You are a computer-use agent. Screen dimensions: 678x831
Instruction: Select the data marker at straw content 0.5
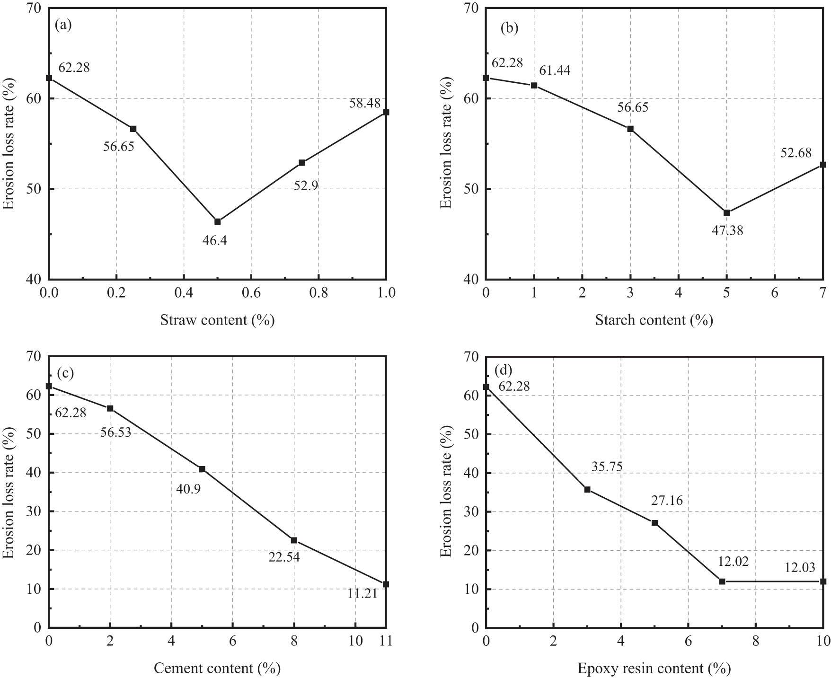pyautogui.click(x=218, y=222)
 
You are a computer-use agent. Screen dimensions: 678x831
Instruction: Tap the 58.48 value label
pyautogui.click(x=365, y=103)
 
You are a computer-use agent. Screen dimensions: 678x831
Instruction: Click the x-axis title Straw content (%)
pyautogui.click(x=218, y=320)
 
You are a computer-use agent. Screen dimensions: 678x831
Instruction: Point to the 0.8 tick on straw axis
pyautogui.click(x=318, y=293)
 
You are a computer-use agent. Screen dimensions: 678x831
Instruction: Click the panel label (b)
pyautogui.click(x=510, y=28)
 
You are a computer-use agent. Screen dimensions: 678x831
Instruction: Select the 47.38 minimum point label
pyautogui.click(x=727, y=230)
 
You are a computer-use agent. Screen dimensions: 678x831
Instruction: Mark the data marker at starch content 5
pyautogui.click(x=726, y=213)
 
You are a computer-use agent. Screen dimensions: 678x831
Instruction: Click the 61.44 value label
pyautogui.click(x=555, y=70)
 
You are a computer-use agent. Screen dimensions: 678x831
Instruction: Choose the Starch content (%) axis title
pyautogui.click(x=654, y=320)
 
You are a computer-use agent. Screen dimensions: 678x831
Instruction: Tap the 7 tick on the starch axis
pyautogui.click(x=823, y=293)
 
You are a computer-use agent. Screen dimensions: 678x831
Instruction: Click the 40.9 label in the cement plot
pyautogui.click(x=188, y=489)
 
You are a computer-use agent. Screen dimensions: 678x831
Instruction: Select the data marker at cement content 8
pyautogui.click(x=294, y=540)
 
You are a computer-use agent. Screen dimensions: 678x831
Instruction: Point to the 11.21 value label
pyautogui.click(x=362, y=593)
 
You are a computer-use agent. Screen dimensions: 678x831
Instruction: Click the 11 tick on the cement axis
pyautogui.click(x=387, y=641)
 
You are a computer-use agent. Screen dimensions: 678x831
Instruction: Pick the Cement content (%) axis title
pyautogui.click(x=217, y=669)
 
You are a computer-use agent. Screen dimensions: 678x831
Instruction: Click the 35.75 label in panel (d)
pyautogui.click(x=607, y=467)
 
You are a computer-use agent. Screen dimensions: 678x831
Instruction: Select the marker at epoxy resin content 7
pyautogui.click(x=722, y=581)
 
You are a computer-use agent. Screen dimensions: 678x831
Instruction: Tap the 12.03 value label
pyautogui.click(x=800, y=568)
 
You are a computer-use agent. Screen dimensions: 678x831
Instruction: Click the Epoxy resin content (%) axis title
pyautogui.click(x=654, y=669)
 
